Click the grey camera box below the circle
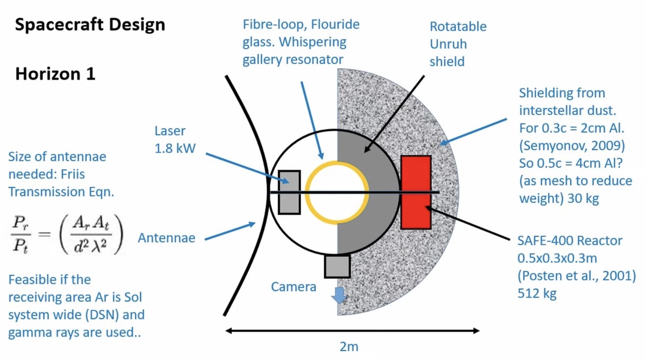[337, 266]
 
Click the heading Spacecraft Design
[90, 25]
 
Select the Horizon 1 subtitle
[55, 74]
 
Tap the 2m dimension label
[349, 347]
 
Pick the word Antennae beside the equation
[166, 238]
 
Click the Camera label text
[294, 287]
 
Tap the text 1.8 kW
[175, 148]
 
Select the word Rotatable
[458, 27]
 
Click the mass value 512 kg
[537, 293]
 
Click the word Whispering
[312, 42]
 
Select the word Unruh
[448, 44]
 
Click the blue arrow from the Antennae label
[230, 232]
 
